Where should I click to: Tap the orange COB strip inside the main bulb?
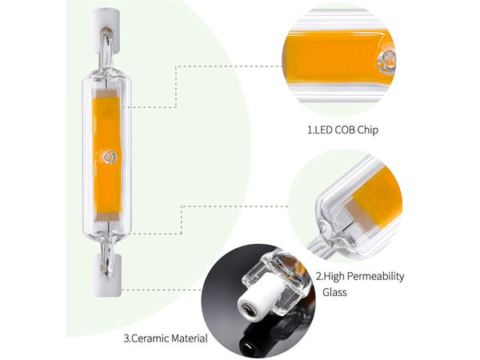point(106,120)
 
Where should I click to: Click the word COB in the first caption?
point(351,127)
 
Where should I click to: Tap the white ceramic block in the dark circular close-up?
point(260,300)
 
